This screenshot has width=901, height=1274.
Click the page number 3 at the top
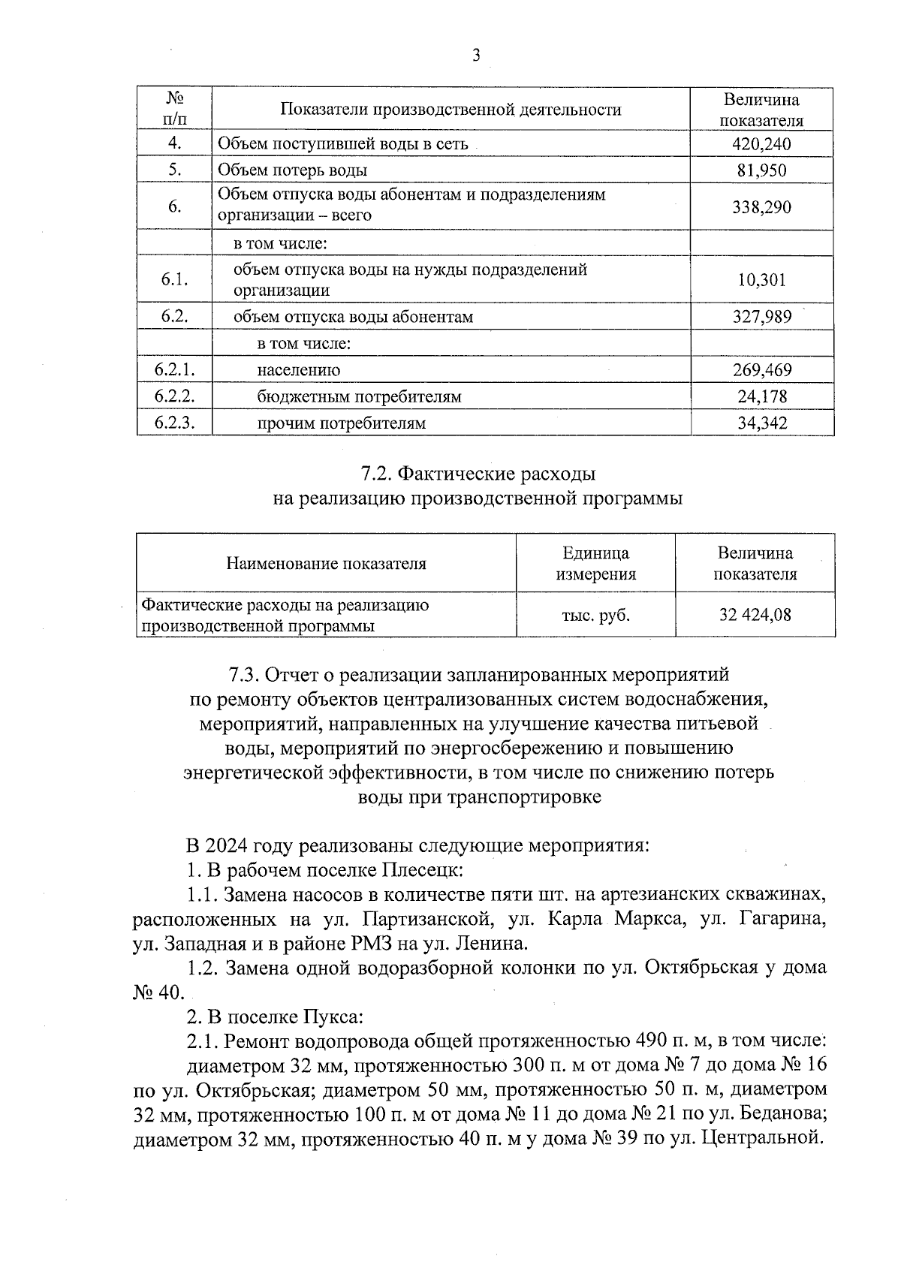476,56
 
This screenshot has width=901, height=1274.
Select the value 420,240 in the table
761,144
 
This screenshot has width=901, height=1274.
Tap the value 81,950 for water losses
761,170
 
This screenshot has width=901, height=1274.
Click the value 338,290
761,206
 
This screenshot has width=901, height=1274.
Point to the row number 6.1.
174,280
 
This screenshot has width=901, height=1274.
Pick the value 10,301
761,280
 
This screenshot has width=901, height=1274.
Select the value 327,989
761,317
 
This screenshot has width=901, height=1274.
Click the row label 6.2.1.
174,369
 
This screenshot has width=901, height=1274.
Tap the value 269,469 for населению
761,370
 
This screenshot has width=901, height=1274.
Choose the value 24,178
761,396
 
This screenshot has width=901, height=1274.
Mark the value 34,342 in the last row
761,423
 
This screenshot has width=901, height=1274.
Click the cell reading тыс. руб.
595,616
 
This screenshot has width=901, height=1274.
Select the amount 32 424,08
755,616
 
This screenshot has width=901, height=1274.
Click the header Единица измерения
595,564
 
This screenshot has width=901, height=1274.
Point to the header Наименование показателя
326,564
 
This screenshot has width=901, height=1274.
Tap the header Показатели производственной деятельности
450,110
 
